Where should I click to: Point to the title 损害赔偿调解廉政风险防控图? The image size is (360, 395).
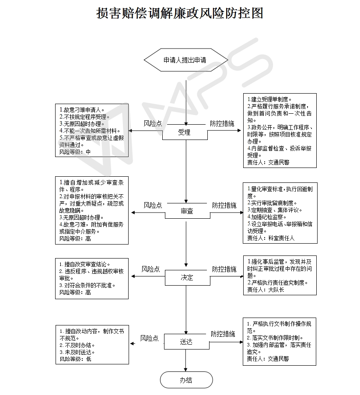(x=180, y=13)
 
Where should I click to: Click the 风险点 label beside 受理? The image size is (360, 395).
(x=153, y=123)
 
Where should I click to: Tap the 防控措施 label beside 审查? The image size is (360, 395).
(x=224, y=205)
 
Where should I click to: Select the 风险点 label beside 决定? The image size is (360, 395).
(x=150, y=269)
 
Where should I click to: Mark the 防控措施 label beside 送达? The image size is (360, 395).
(x=223, y=334)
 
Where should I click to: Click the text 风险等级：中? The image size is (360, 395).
(x=75, y=152)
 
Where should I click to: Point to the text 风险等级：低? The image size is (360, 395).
(x=75, y=359)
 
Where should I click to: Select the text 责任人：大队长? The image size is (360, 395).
(x=266, y=290)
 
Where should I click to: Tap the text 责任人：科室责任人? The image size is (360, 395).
(x=271, y=238)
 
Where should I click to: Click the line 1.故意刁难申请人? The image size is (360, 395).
(x=82, y=110)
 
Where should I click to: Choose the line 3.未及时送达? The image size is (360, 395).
(x=77, y=352)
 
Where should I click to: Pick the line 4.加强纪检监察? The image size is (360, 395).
(x=267, y=217)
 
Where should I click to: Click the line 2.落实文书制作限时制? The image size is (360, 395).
(x=275, y=338)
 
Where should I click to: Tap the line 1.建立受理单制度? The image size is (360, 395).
(x=269, y=99)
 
